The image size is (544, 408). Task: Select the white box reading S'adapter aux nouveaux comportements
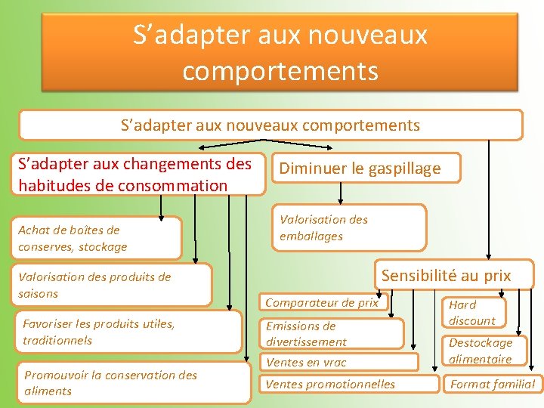click(x=270, y=125)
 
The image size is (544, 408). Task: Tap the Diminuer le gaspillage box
click(x=366, y=168)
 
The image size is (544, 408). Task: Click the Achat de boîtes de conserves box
click(x=98, y=238)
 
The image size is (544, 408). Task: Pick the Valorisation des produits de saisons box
click(x=113, y=285)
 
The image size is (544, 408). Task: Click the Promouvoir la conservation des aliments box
click(x=132, y=383)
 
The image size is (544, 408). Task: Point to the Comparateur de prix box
click(x=321, y=303)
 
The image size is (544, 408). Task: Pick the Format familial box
click(x=492, y=384)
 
